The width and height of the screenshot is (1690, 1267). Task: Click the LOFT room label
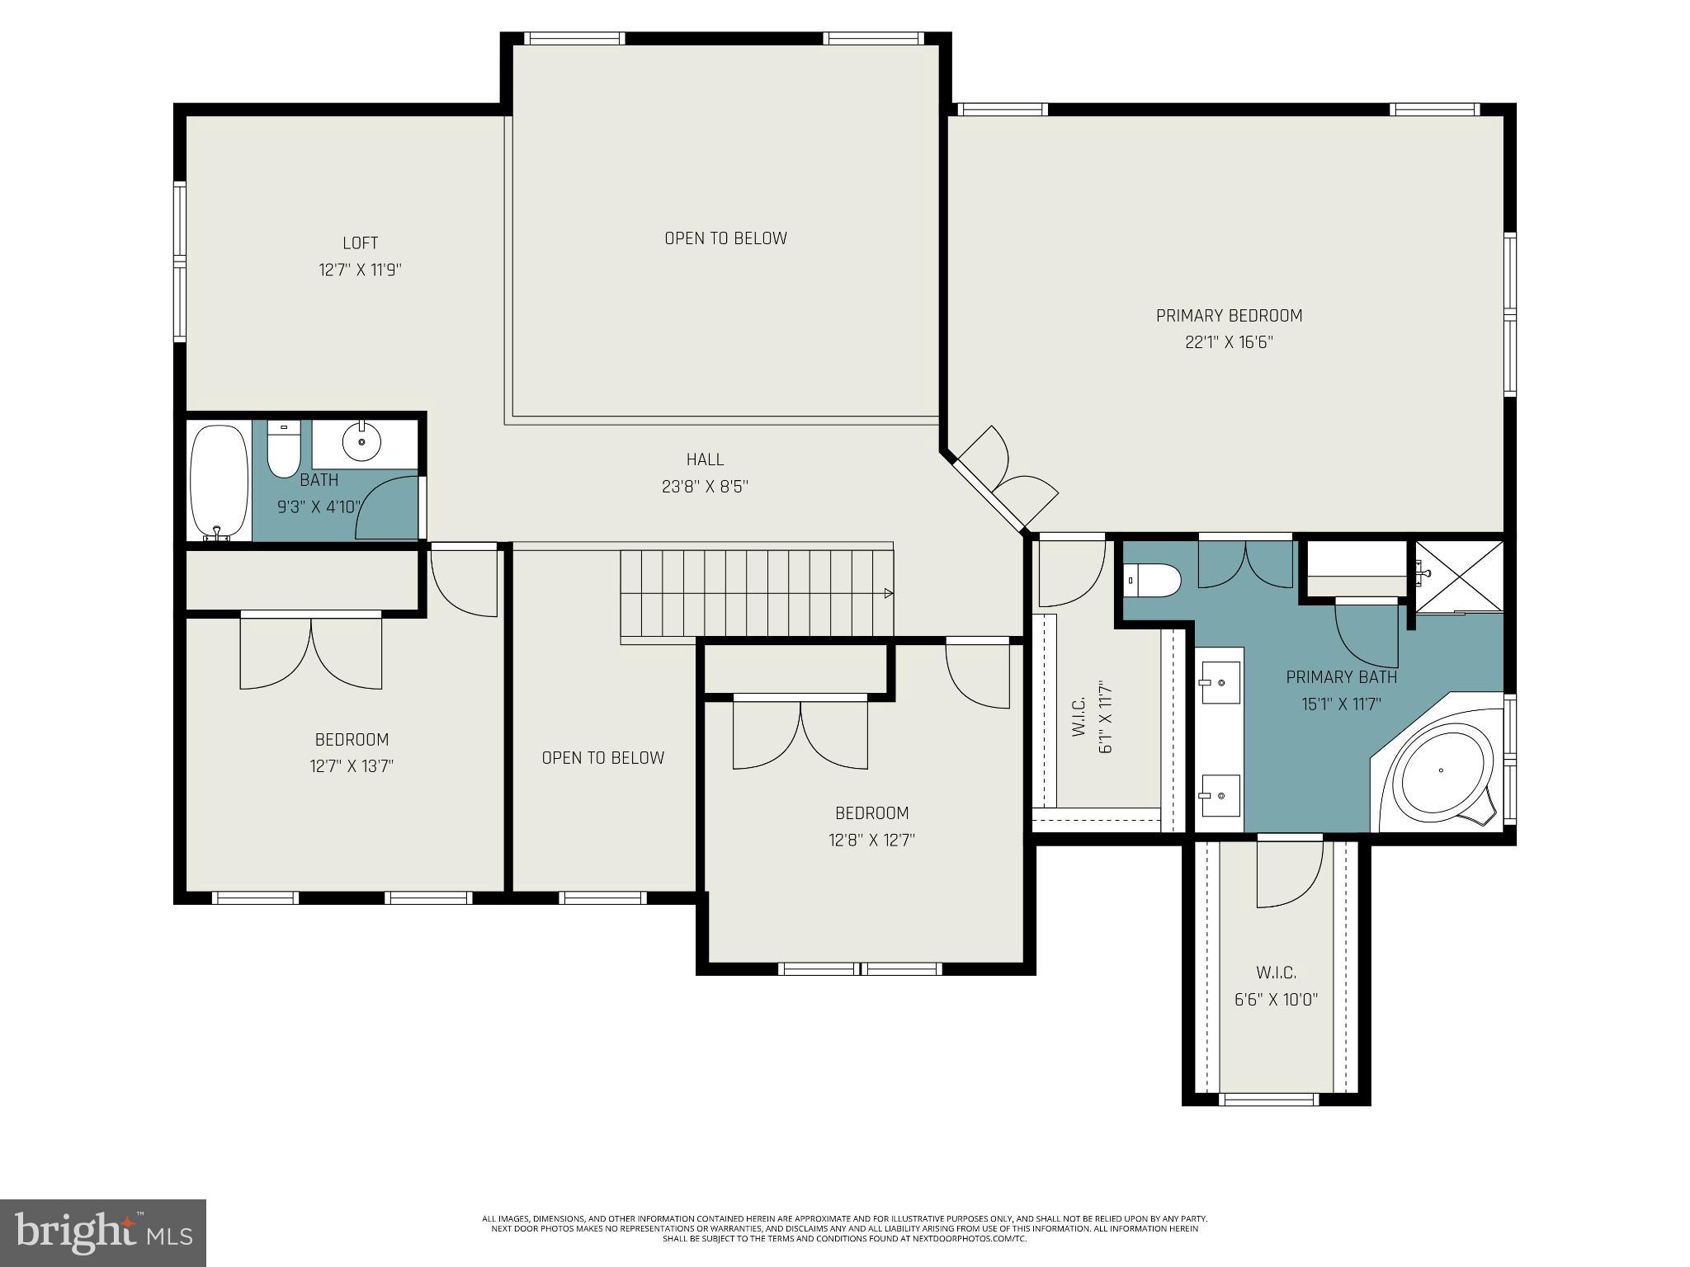pyautogui.click(x=360, y=243)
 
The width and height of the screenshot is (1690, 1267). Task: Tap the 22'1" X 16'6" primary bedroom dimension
pyautogui.click(x=1229, y=342)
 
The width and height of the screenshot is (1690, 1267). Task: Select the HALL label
pyautogui.click(x=705, y=459)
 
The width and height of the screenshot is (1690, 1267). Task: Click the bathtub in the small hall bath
pyautogui.click(x=219, y=481)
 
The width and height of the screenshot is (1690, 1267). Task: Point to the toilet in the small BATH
pyautogui.click(x=284, y=451)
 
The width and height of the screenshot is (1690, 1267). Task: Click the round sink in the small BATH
pyautogui.click(x=361, y=442)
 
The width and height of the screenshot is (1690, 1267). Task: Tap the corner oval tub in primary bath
pyautogui.click(x=1442, y=770)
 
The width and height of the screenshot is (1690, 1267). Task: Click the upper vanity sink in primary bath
pyautogui.click(x=1220, y=683)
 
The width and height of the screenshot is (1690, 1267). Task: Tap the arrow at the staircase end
pyautogui.click(x=888, y=593)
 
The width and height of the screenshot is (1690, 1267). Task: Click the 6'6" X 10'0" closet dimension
pyautogui.click(x=1276, y=1000)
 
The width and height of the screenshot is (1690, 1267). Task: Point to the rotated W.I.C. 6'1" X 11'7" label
pyautogui.click(x=1093, y=716)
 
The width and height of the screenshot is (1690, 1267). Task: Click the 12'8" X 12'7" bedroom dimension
pyautogui.click(x=871, y=841)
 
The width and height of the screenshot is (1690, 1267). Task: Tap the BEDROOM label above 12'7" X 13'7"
pyautogui.click(x=352, y=740)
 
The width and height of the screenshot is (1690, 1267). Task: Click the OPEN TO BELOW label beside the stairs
pyautogui.click(x=602, y=758)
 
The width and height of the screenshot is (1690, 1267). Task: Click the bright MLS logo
pyautogui.click(x=103, y=1232)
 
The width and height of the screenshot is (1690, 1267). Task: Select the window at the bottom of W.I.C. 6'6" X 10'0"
pyautogui.click(x=1268, y=1099)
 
